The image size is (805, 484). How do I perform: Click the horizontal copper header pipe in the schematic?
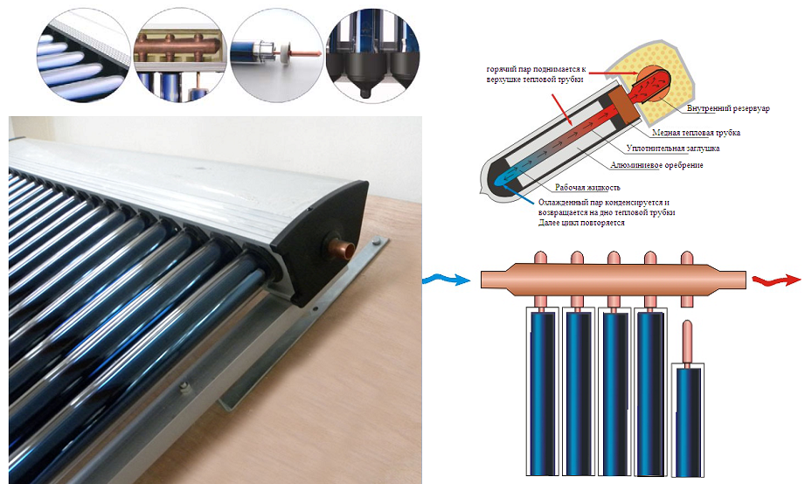tap(612, 280)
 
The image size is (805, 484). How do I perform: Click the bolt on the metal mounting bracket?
tap(186, 385)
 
